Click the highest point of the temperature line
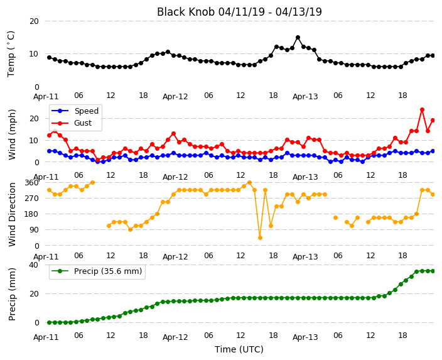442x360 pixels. point(298,38)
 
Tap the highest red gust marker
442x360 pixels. point(422,109)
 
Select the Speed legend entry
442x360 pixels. point(75,111)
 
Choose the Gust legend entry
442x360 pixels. point(72,123)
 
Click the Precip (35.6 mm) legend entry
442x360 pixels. point(97,271)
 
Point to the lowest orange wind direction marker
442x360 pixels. point(260,238)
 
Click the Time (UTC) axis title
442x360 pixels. point(239,349)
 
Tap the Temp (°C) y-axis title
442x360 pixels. point(11,54)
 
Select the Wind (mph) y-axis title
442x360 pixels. point(12,135)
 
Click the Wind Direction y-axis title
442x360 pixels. point(12,214)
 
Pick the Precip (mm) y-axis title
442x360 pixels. point(12,294)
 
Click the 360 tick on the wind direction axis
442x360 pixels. point(31,183)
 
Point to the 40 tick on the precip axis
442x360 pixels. point(34,265)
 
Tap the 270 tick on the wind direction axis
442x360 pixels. point(31,199)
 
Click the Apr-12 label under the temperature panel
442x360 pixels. point(175,97)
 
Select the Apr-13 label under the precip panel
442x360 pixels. point(305,337)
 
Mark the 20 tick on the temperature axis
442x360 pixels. point(34,21)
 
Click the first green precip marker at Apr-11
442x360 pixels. point(50,322)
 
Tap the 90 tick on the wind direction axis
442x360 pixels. point(34,230)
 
